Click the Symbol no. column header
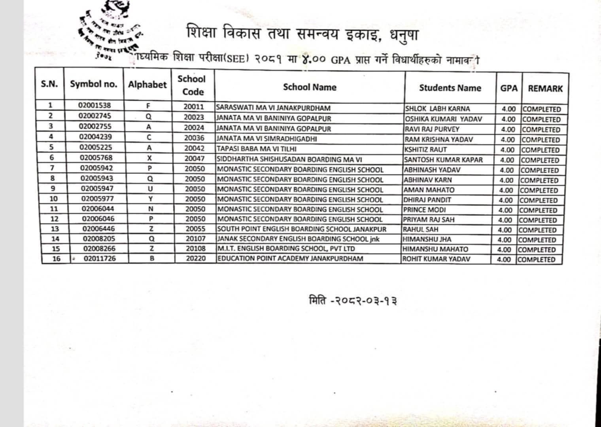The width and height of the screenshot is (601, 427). [94, 84]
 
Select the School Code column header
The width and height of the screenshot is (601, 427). [192, 85]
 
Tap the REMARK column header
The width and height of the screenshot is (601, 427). [545, 88]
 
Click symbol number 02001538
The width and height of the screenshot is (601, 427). [94, 106]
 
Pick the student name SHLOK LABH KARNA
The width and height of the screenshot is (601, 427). [437, 109]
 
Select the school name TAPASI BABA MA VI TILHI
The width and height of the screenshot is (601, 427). [256, 149]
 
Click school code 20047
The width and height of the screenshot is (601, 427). [195, 158]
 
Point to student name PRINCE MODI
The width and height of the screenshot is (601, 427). [424, 210]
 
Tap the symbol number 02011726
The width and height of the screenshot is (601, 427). [99, 259]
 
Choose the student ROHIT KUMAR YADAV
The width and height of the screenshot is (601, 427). [436, 259]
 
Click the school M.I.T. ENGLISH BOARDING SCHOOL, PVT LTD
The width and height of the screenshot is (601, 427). [286, 249]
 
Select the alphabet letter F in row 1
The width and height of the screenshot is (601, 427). [148, 106]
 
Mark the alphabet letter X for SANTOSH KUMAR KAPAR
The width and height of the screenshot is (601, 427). [149, 158]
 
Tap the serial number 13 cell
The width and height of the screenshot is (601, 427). [55, 229]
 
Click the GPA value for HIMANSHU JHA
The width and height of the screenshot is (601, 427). [504, 240]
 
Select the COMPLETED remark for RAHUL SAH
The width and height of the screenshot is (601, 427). [537, 230]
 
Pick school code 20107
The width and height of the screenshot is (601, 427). [195, 239]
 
